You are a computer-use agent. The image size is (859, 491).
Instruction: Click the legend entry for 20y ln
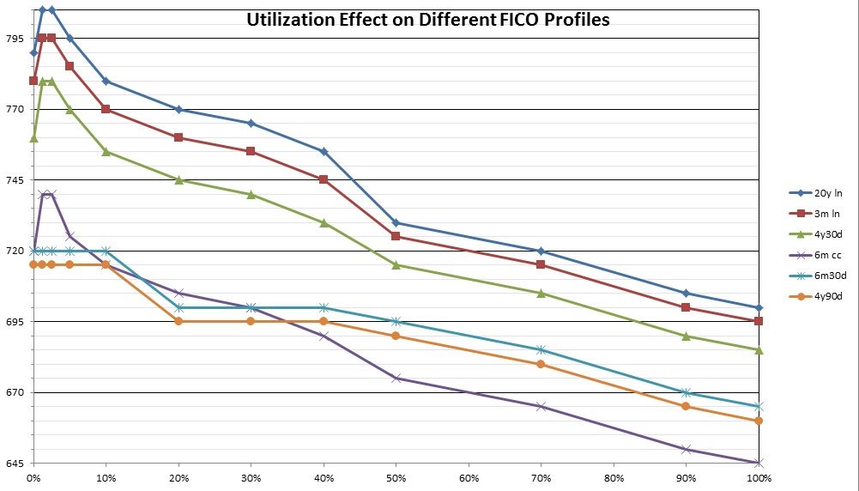(x=816, y=193)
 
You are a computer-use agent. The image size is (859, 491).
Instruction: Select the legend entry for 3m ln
(x=816, y=214)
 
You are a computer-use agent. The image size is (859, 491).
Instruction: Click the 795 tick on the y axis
(x=14, y=39)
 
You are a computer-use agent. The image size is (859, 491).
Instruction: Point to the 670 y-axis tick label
(x=14, y=393)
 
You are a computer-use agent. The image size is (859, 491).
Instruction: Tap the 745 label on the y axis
(x=14, y=180)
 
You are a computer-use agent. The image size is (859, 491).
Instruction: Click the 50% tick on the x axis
(x=396, y=477)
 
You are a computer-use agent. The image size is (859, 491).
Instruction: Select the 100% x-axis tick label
(x=758, y=477)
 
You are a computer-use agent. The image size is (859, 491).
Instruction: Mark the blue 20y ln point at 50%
(x=396, y=223)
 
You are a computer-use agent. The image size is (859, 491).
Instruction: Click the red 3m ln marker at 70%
(x=541, y=264)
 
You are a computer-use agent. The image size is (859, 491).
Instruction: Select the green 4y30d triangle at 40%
(x=324, y=222)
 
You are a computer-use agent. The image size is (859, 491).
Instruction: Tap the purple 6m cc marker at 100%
(x=759, y=464)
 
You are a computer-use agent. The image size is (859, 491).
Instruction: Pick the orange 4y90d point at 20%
(x=178, y=321)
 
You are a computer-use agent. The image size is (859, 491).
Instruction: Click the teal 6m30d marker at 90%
(x=686, y=392)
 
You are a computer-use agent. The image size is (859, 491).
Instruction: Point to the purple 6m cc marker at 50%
(x=396, y=378)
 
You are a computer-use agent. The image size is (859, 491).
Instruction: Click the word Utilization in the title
(x=288, y=20)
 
